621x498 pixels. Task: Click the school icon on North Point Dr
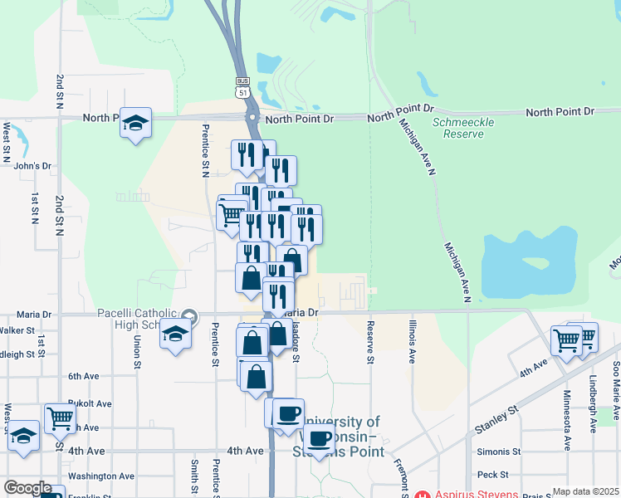(x=135, y=123)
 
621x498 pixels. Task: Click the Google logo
(x=27, y=488)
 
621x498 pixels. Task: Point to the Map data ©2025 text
(x=585, y=492)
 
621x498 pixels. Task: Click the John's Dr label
(x=33, y=166)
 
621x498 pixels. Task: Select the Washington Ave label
(x=101, y=476)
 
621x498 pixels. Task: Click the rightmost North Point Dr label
(x=560, y=112)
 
